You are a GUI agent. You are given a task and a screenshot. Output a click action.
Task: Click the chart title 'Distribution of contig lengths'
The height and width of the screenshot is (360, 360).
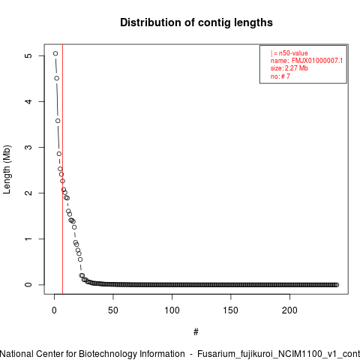pyautogui.click(x=196, y=22)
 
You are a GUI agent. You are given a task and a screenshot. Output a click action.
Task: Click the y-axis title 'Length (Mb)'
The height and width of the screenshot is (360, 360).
pyautogui.click(x=7, y=169)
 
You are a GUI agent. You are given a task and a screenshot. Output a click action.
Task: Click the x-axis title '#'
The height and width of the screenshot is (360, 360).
pyautogui.click(x=196, y=332)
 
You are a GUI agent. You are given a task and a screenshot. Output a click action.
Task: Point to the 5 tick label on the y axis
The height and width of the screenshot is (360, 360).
pyautogui.click(x=29, y=55)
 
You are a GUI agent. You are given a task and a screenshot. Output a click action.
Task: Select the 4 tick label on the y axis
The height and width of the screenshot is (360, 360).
pyautogui.click(x=29, y=101)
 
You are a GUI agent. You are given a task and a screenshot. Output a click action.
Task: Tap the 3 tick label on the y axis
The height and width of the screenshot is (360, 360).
pyautogui.click(x=29, y=147)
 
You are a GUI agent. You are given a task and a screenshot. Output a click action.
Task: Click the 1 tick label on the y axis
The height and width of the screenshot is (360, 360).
pyautogui.click(x=29, y=238)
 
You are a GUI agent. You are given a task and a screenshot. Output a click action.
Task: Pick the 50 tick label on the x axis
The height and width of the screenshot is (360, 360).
pyautogui.click(x=113, y=310)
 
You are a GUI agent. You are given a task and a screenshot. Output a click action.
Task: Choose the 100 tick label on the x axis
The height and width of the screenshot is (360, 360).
pyautogui.click(x=172, y=310)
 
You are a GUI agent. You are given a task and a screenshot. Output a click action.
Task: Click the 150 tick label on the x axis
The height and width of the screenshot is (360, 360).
pyautogui.click(x=231, y=310)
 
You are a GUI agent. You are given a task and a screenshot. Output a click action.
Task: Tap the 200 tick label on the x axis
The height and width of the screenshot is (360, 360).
pyautogui.click(x=289, y=310)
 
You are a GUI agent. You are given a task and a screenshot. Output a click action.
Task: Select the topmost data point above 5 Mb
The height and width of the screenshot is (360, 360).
pyautogui.click(x=55, y=53)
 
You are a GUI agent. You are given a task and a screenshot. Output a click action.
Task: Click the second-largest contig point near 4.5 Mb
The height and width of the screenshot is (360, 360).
pyautogui.click(x=57, y=79)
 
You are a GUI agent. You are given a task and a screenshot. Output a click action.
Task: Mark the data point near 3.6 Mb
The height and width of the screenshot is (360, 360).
pyautogui.click(x=58, y=121)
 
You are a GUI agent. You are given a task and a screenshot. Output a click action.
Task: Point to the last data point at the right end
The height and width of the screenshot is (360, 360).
pyautogui.click(x=337, y=285)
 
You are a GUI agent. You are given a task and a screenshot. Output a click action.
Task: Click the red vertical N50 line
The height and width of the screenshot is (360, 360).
pyautogui.click(x=62, y=169)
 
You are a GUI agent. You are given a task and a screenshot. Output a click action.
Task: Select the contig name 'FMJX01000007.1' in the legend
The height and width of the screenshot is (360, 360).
pyautogui.click(x=317, y=61)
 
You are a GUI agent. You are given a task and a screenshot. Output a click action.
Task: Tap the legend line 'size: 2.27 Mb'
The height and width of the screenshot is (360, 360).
pyautogui.click(x=289, y=68)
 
